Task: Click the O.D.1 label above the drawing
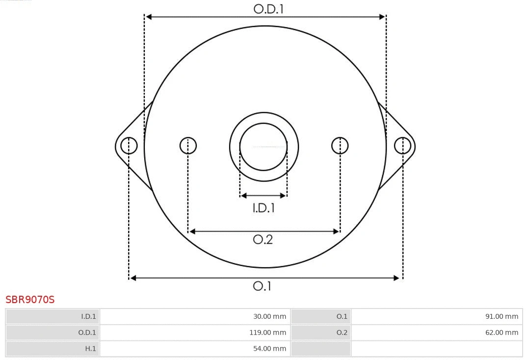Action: (x=268, y=9)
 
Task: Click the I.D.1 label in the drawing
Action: (x=264, y=208)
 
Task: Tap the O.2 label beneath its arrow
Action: (x=263, y=239)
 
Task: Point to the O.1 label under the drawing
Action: (x=262, y=286)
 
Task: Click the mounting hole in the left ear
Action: (x=129, y=146)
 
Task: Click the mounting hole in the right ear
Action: (x=402, y=146)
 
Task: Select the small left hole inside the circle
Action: (x=188, y=146)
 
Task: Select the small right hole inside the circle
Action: (x=340, y=146)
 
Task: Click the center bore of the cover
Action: (x=264, y=146)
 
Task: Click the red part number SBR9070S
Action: (x=30, y=300)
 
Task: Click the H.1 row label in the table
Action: (x=90, y=349)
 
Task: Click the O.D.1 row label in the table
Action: (x=87, y=333)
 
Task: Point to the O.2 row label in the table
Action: (x=342, y=333)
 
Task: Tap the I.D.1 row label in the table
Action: (x=88, y=316)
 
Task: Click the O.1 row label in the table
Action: (x=342, y=316)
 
